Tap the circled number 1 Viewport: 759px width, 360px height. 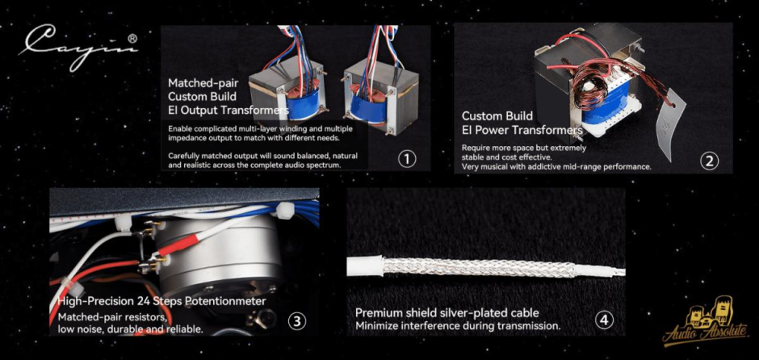tap(407, 159)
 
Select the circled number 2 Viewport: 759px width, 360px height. tap(710, 161)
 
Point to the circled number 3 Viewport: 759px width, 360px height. tap(296, 320)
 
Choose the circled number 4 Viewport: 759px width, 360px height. tap(605, 320)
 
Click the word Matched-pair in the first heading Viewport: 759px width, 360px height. tap(196, 82)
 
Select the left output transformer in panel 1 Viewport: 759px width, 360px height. tap(287, 89)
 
